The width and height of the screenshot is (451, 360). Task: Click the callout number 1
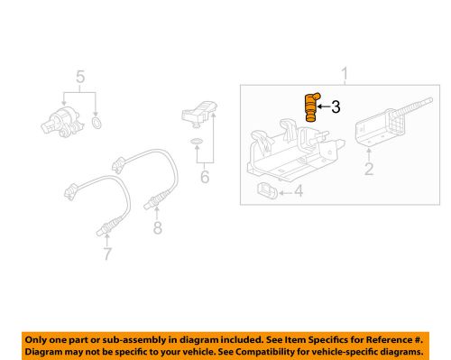tap(342, 72)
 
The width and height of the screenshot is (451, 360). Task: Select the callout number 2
tap(367, 168)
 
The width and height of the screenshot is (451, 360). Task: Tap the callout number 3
tap(336, 107)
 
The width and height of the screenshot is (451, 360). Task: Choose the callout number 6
tap(204, 177)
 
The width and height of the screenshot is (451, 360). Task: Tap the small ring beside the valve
tap(97, 121)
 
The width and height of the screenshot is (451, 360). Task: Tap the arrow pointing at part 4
tap(286, 190)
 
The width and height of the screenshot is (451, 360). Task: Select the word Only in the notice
tap(41, 337)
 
